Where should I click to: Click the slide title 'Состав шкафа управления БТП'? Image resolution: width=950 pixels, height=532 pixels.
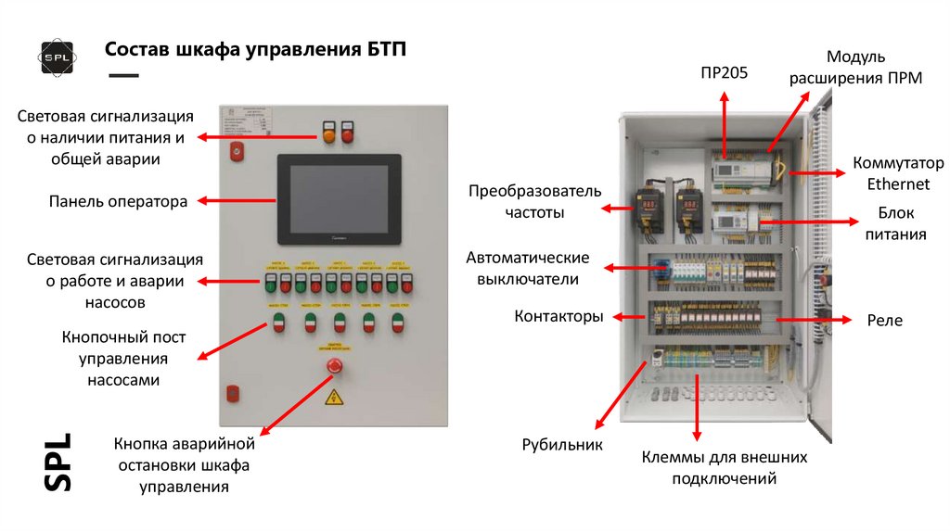tap(254, 49)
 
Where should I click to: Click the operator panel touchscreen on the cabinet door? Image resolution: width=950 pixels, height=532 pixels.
tap(339, 198)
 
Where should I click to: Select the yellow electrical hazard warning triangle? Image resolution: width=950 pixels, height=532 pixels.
tap(333, 398)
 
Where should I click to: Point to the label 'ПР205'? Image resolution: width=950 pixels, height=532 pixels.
tap(724, 72)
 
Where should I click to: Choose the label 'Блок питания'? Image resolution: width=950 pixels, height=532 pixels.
tap(895, 223)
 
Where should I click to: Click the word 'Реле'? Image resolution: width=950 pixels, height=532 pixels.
tap(884, 320)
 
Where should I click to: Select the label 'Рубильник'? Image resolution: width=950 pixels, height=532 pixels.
tap(562, 444)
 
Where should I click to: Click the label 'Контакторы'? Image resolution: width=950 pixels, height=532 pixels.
tap(558, 316)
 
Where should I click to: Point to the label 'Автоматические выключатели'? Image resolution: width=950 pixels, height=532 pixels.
tap(527, 267)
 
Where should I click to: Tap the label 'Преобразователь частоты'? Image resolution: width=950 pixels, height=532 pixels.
tap(534, 201)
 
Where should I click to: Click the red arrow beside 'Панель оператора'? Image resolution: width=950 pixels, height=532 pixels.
tap(237, 200)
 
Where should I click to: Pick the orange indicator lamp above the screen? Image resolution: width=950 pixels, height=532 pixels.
tap(328, 136)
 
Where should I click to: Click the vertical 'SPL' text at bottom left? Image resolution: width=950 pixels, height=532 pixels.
tap(58, 461)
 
